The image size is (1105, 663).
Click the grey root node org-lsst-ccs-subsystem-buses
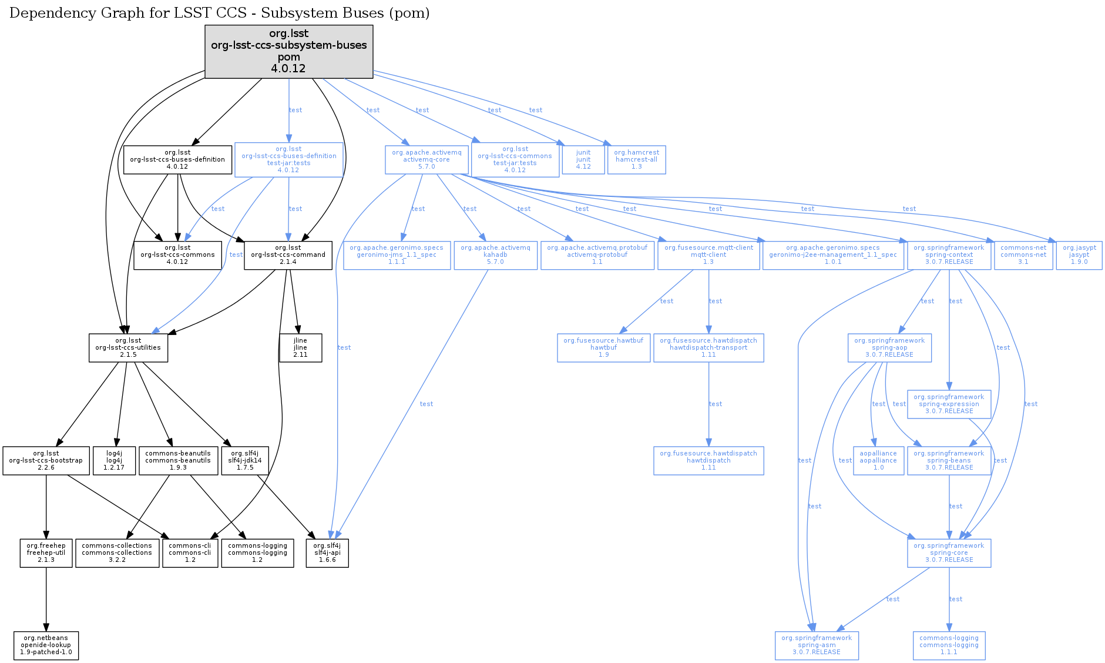(288, 51)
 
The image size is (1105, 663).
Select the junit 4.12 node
(583, 159)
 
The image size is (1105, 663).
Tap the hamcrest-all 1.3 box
(636, 159)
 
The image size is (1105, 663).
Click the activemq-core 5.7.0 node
(426, 159)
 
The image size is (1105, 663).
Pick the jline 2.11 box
(300, 347)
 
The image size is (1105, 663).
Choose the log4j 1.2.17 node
(114, 460)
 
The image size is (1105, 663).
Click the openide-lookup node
(46, 645)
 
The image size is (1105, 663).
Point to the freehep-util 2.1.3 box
(46, 552)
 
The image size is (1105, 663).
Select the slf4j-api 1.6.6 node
(327, 552)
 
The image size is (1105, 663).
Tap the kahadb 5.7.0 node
(495, 255)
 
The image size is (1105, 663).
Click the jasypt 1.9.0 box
(1079, 255)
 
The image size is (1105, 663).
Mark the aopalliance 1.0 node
(878, 460)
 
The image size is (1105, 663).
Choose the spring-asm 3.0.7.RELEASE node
(817, 645)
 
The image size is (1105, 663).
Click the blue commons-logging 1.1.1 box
(949, 645)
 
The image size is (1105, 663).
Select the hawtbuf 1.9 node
(603, 347)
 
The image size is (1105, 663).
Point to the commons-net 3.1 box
(1023, 255)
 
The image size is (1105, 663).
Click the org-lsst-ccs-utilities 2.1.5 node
(128, 347)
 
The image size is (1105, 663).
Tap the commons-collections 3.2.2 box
(117, 552)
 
